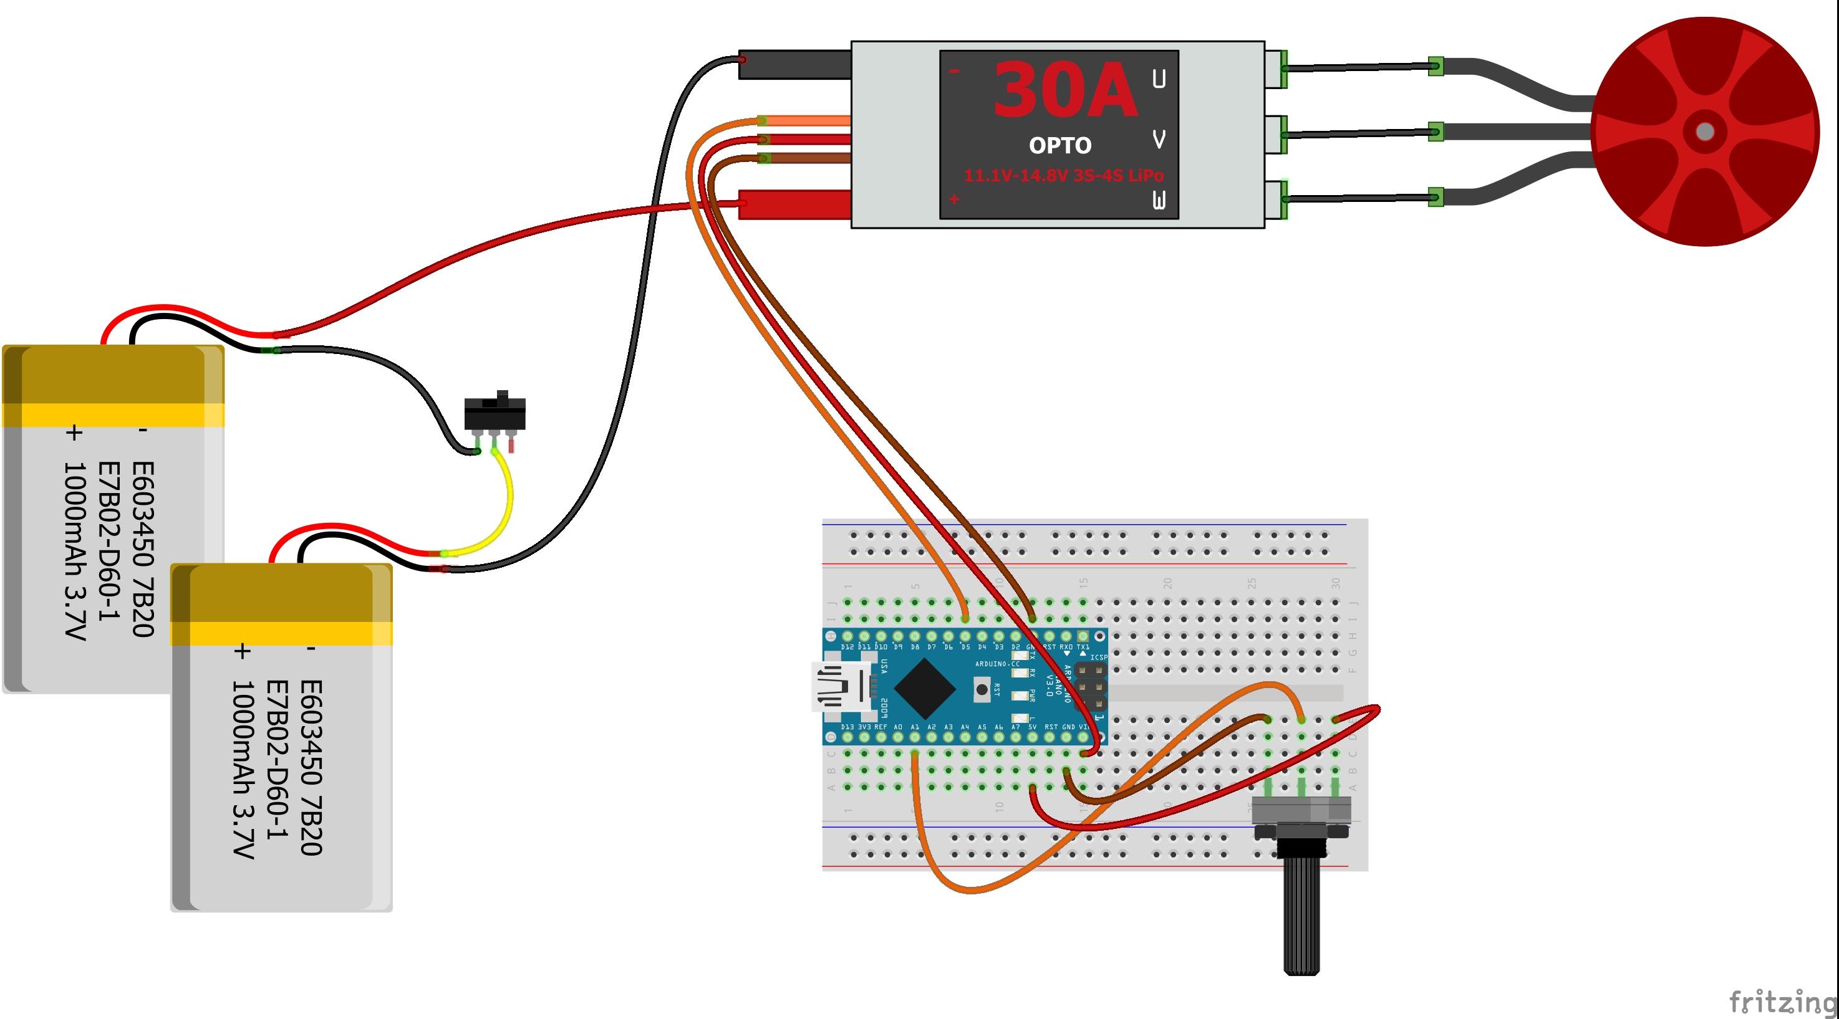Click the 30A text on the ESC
click(1064, 90)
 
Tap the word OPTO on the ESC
click(1060, 146)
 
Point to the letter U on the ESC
click(1159, 79)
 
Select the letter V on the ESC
click(1159, 139)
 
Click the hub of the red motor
click(1705, 132)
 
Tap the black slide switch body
click(495, 413)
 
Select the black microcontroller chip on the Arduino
click(925, 688)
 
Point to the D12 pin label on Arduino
click(847, 646)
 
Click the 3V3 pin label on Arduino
click(864, 727)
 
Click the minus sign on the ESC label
click(955, 70)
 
